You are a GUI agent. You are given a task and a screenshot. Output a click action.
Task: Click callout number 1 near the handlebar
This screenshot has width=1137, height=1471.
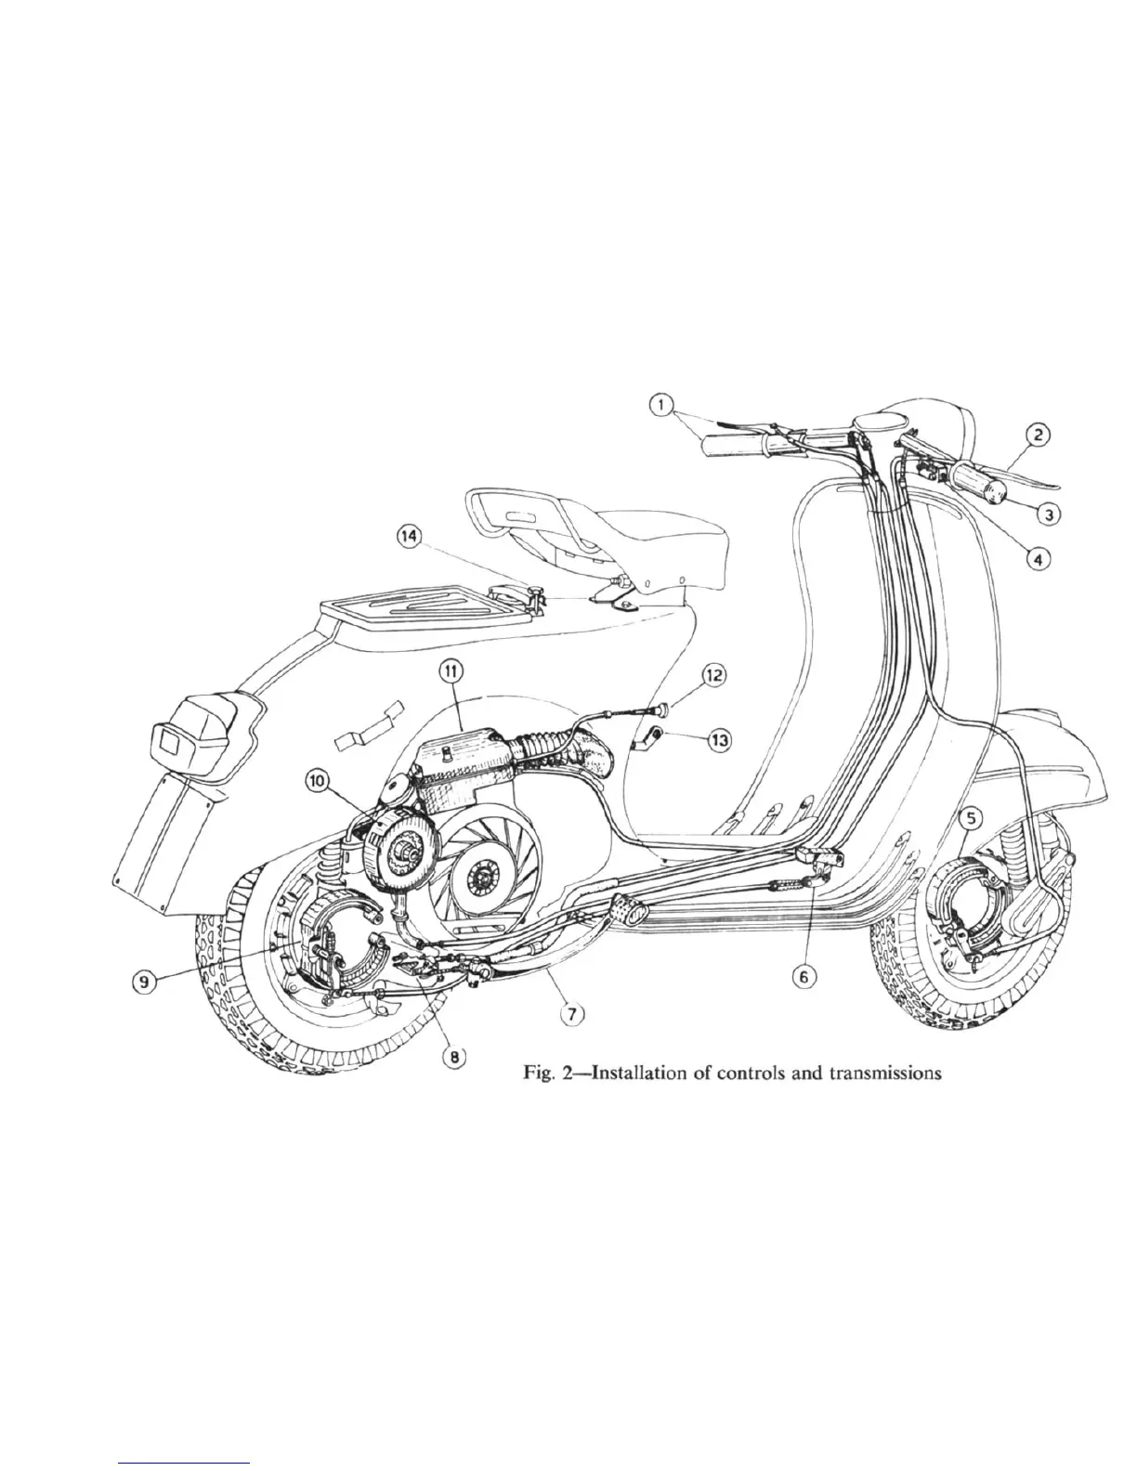[x=661, y=405]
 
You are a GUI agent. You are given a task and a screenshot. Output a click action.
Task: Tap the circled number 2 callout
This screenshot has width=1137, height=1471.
[x=1038, y=435]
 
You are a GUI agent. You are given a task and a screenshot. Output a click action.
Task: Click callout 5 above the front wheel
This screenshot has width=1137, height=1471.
[x=971, y=818]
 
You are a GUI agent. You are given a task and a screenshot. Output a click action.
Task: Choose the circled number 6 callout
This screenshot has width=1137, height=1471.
[x=804, y=976]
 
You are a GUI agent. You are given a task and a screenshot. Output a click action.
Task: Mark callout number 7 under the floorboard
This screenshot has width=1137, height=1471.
[x=575, y=1014]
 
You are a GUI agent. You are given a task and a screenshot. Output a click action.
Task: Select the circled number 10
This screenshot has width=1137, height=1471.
[x=318, y=782]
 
